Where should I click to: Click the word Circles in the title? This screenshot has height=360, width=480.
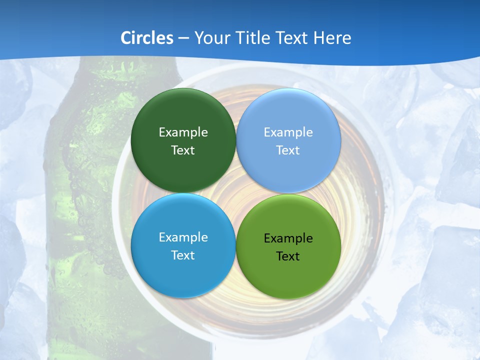tap(146, 38)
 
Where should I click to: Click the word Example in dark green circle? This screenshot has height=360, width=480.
tap(183, 132)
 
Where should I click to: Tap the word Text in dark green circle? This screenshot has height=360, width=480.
tap(183, 150)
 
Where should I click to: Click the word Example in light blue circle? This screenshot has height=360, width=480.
tap(288, 132)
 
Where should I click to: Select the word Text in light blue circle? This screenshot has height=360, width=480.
tap(288, 150)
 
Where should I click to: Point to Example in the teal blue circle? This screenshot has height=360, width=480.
tap(183, 237)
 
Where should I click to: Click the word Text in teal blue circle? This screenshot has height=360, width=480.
tap(183, 255)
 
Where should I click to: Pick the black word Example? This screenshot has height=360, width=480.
tap(288, 238)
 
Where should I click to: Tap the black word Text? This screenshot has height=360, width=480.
tap(288, 256)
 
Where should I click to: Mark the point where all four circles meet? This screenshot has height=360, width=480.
tap(235, 193)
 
